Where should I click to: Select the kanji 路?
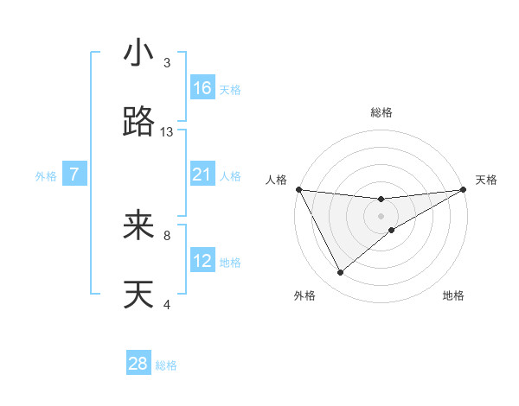pos(138,124)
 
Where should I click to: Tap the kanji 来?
pos(138,226)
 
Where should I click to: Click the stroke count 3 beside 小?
pos(167,63)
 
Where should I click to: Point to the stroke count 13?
pos(167,132)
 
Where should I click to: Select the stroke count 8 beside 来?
pos(167,235)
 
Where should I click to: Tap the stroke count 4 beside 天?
pos(167,304)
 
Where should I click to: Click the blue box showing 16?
pos(202,88)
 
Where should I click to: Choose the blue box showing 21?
pos(202,174)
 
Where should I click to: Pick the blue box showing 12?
pos(202,261)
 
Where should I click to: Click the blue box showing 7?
pos(74,174)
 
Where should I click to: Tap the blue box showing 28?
pos(138,364)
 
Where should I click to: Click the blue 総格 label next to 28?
pos(166,365)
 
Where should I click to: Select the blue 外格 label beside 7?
pos(46,176)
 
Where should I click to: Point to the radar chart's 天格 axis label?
pos(487,180)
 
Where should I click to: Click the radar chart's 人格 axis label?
pos(276,180)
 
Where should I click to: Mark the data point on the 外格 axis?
pos(340,273)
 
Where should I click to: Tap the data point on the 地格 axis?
pos(392,230)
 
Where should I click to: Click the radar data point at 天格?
pos(464,189)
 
